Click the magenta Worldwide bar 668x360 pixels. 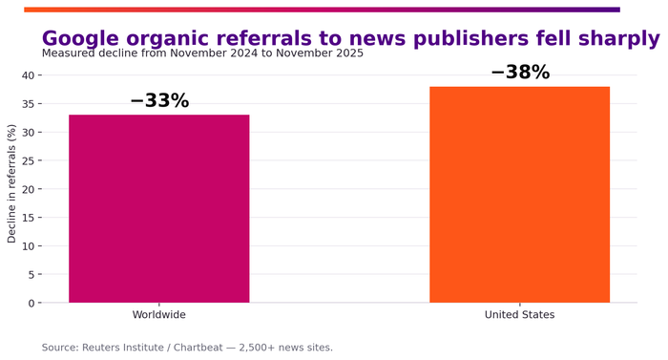(x=159, y=208)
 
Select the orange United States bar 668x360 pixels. (x=520, y=195)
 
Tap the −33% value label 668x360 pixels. (x=159, y=100)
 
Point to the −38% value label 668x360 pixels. (x=520, y=72)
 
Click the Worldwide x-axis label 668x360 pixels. (x=159, y=315)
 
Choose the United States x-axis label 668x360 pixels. (x=520, y=315)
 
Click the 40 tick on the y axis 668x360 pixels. (x=28, y=75)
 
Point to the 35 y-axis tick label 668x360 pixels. (x=28, y=104)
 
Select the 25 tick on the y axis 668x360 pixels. (x=28, y=160)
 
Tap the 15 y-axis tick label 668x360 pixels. (x=28, y=218)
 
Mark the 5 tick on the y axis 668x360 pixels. (x=31, y=275)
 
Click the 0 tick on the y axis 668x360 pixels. (x=31, y=304)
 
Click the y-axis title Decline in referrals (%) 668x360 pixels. (x=11, y=183)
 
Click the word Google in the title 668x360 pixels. (x=80, y=38)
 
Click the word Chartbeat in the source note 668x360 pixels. (x=198, y=348)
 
